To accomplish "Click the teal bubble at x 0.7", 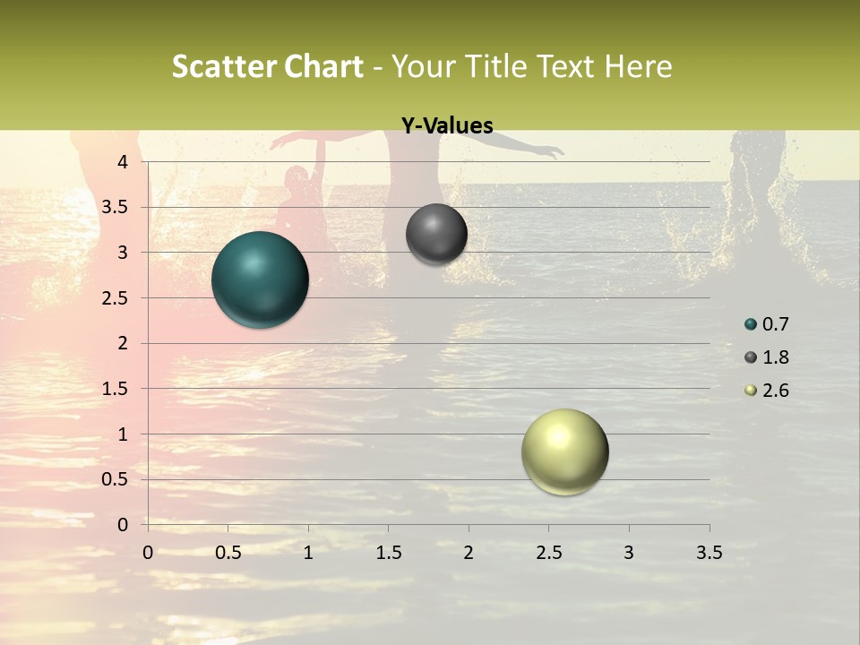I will coord(260,279).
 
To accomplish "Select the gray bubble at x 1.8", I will coord(436,234).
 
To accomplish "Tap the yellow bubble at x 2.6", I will coord(564,452).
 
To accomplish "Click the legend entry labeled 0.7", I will coord(767,324).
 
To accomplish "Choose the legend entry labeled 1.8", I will coord(767,357).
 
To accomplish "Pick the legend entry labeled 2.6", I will coord(767,391).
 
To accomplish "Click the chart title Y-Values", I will coord(447,126).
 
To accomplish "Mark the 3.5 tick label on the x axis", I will coord(709,553).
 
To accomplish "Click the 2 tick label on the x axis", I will coord(469,553).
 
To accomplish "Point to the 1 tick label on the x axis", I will coord(308,553).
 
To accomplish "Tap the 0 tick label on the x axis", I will coord(148,553).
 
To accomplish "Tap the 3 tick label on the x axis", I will coord(629,553).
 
